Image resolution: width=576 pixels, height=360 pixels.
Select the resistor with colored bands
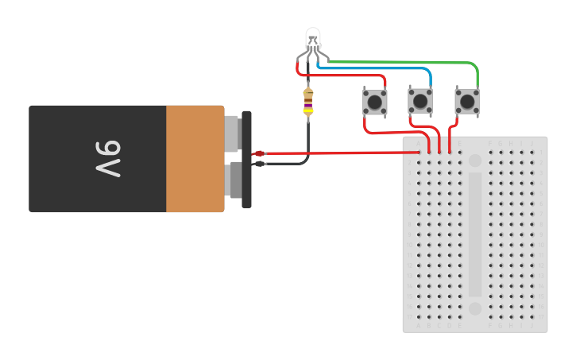point(308,102)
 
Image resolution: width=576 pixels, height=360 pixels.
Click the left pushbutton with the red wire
point(374,102)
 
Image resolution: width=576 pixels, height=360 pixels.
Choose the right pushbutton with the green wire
point(467,102)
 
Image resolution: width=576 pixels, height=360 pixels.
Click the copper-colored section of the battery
point(195,159)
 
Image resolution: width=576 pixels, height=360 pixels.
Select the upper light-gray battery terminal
point(232,134)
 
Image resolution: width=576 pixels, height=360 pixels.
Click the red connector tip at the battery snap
point(259,153)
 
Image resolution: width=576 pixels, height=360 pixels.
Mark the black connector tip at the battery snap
point(259,164)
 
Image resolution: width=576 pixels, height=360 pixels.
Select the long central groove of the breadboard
point(475,234)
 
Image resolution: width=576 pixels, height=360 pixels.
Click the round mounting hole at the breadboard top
point(475,161)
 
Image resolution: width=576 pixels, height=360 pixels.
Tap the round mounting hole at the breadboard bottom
point(475,308)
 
